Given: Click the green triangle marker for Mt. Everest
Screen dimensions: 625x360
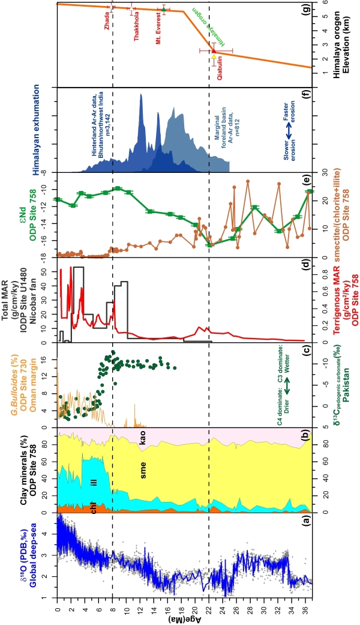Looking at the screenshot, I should click(164, 11).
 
